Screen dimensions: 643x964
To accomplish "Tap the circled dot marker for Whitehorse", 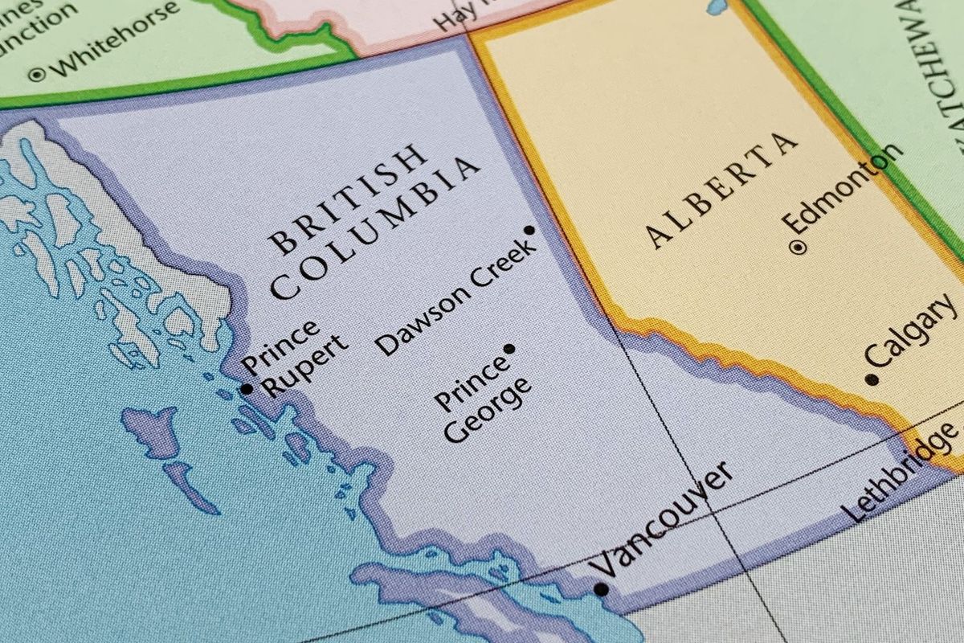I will [x=37, y=75].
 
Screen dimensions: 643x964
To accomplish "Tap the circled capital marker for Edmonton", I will [x=797, y=248].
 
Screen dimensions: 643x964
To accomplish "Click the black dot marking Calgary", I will [x=872, y=379].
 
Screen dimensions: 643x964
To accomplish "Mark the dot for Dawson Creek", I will [x=529, y=231].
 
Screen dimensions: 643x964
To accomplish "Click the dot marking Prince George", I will [x=509, y=349].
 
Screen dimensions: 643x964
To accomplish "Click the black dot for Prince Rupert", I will [x=247, y=389].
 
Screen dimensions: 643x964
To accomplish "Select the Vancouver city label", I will [x=661, y=519].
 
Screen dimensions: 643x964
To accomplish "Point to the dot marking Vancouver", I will [x=600, y=589].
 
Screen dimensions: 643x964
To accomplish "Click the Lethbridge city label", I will [x=900, y=470].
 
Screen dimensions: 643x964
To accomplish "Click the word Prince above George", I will [x=471, y=383].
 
